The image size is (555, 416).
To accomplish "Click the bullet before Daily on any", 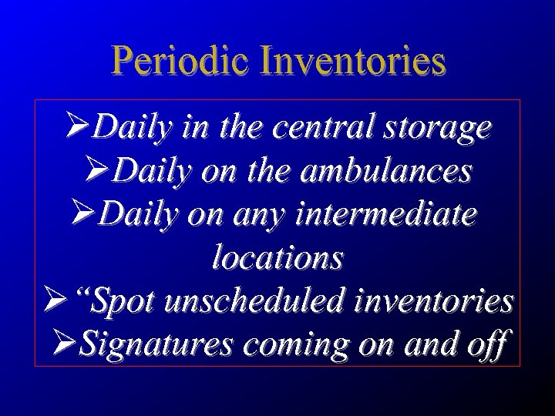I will pos(83,213).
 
